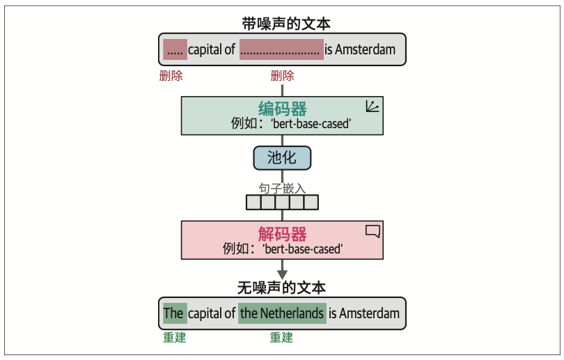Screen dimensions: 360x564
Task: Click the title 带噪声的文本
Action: click(x=282, y=24)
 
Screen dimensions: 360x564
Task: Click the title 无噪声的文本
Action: click(x=282, y=286)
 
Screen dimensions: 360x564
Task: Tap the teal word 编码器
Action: click(x=282, y=109)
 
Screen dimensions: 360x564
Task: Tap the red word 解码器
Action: click(x=282, y=234)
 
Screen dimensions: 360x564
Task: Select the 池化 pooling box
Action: click(x=282, y=158)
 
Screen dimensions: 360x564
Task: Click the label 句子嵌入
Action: click(x=282, y=189)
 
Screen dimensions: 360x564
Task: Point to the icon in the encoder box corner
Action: click(x=373, y=107)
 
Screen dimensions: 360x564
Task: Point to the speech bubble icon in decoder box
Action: click(x=373, y=231)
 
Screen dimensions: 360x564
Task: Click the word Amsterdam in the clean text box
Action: click(x=370, y=313)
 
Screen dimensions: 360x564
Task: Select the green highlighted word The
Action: click(x=174, y=313)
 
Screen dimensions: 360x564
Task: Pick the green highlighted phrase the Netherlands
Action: click(x=282, y=313)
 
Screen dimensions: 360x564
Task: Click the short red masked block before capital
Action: click(x=175, y=49)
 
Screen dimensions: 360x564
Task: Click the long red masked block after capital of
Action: click(x=281, y=49)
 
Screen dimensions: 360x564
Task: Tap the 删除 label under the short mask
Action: click(x=171, y=76)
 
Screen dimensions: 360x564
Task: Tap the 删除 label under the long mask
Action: click(x=282, y=76)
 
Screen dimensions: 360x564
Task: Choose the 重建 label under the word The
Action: click(x=174, y=338)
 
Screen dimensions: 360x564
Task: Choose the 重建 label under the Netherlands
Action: click(x=281, y=338)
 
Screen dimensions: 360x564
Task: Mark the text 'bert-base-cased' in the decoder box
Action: click(x=304, y=249)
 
